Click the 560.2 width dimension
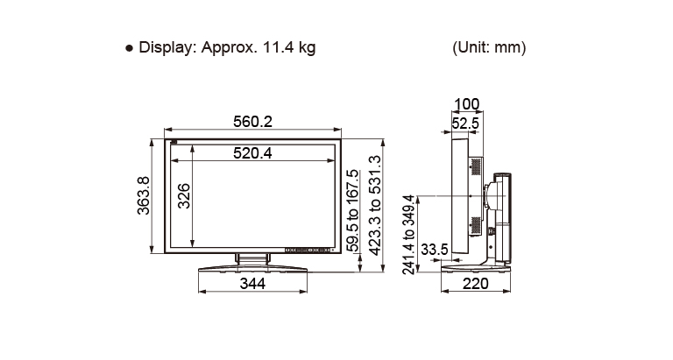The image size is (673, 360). tap(252, 122)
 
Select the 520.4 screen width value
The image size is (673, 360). tap(252, 152)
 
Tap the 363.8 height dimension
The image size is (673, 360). tap(144, 195)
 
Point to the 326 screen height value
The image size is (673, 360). tap(184, 195)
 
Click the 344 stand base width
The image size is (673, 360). tap(252, 283)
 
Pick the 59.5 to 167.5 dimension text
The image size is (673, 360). tap(352, 210)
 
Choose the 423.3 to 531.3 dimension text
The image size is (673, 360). tap(375, 206)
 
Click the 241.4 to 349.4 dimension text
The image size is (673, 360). tap(408, 234)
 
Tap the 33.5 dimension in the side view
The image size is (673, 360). tap(435, 249)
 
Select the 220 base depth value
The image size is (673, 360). tap(476, 283)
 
